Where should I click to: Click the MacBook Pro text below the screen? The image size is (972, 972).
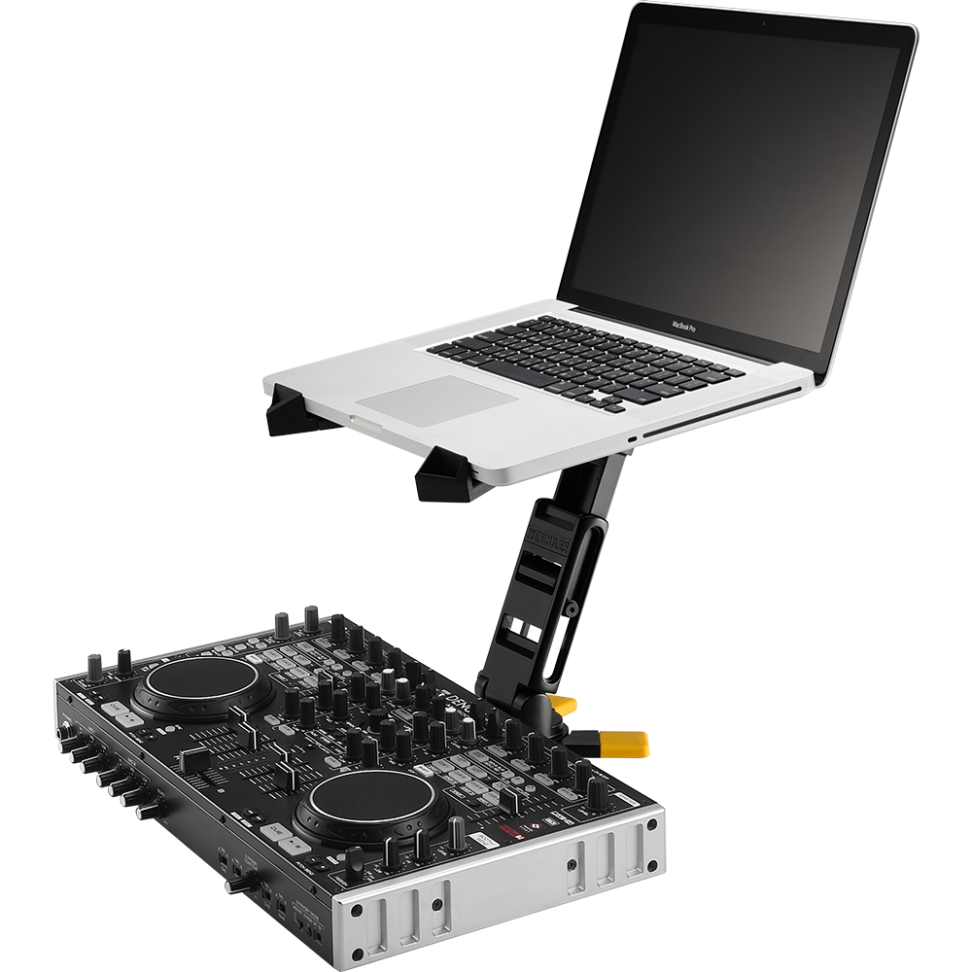(x=690, y=326)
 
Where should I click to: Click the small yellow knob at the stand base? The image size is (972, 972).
(x=561, y=704)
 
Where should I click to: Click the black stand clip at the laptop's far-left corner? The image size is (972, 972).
(x=289, y=408)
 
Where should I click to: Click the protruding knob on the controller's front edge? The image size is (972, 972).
(x=237, y=885)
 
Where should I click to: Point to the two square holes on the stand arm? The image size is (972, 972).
(x=523, y=633)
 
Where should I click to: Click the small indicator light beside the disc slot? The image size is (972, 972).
(x=632, y=439)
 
